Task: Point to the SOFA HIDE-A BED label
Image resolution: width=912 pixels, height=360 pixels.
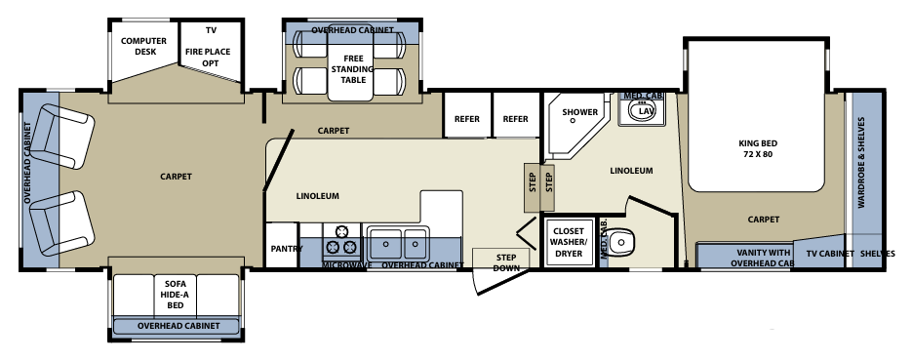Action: point(176,293)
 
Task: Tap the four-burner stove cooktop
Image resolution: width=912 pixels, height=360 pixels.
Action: point(342,239)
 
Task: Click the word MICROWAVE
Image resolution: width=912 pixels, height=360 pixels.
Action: point(347,265)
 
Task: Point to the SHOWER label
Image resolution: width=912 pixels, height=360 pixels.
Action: point(579,112)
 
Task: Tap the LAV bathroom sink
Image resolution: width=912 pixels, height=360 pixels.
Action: point(644,110)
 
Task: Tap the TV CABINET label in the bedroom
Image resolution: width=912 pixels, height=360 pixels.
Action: point(830,254)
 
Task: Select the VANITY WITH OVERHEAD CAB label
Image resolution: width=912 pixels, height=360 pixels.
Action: point(761,256)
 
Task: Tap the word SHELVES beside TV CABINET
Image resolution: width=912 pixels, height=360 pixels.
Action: point(878,254)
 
